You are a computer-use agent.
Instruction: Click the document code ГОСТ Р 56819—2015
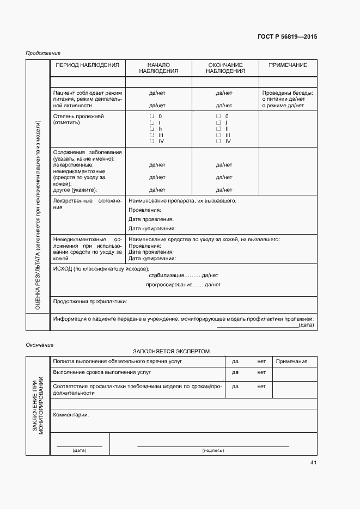coord(286,37)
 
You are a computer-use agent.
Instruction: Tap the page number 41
coord(313,463)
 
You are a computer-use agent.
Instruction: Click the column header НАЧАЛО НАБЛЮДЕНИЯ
coord(158,68)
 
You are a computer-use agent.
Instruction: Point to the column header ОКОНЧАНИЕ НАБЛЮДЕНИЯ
coord(225,68)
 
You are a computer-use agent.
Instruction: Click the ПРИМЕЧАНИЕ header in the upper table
coord(288,65)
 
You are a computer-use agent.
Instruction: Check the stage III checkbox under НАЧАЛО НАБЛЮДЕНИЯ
coord(151,135)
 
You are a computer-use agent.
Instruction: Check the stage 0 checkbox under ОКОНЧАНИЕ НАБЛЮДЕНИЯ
coord(218,116)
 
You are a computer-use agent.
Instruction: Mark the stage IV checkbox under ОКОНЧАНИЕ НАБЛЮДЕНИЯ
coord(218,142)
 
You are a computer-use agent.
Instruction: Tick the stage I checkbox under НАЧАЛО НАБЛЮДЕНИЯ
coord(151,123)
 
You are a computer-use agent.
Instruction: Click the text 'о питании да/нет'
coord(283,99)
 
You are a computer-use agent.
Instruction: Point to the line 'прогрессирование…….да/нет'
coord(183,285)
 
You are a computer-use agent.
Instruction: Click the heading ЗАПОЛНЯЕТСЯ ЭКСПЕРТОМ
coord(171,352)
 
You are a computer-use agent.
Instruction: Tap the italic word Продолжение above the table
coord(43,53)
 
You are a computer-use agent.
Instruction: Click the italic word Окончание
coord(40,345)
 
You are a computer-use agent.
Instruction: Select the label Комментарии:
coord(71,415)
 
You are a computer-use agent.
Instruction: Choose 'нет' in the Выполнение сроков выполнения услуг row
coord(261,372)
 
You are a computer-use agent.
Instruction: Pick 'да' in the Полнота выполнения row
coord(235,361)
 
